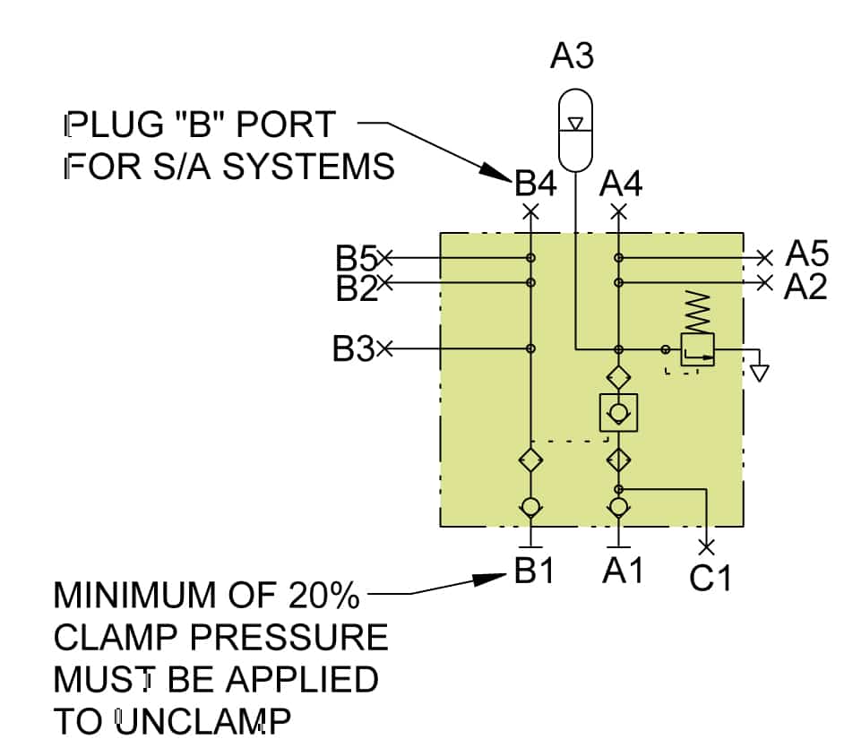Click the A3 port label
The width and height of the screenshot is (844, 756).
(572, 56)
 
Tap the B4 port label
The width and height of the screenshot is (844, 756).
(536, 185)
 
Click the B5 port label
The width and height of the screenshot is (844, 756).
(356, 259)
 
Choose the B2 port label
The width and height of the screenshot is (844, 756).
(356, 288)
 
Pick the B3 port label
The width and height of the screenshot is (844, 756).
(353, 349)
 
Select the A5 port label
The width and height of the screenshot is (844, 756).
(805, 254)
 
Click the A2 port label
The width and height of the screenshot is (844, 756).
(805, 287)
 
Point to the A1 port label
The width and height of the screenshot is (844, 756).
(622, 571)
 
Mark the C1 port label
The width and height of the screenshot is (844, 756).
(711, 579)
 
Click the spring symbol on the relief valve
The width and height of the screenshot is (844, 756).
(697, 312)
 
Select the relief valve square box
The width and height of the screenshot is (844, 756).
(697, 348)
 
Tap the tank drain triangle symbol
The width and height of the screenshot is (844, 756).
(759, 372)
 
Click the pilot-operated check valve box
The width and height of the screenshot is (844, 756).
(618, 412)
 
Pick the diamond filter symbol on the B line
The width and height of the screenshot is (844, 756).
(530, 460)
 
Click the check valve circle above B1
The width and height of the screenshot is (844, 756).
(530, 507)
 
